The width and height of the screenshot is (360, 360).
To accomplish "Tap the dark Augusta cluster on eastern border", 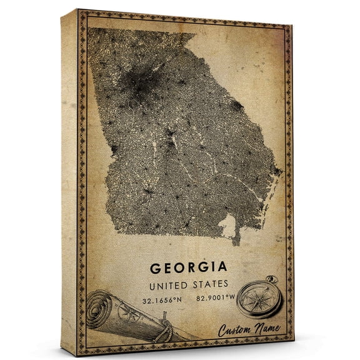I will (x=236, y=106).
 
